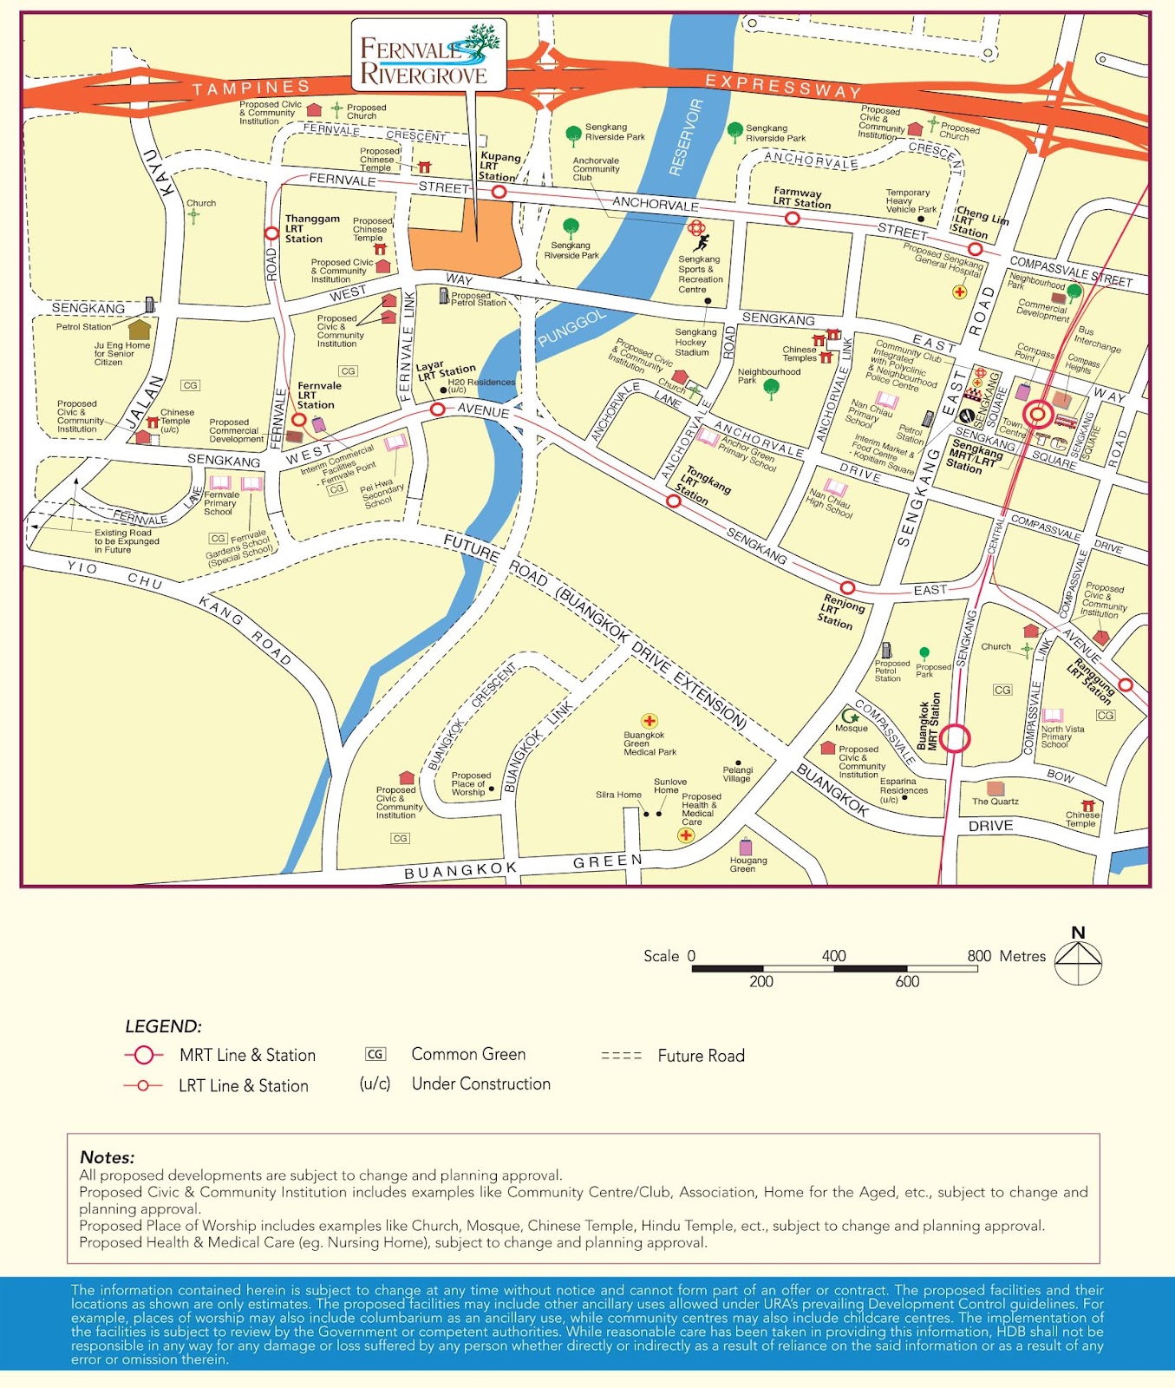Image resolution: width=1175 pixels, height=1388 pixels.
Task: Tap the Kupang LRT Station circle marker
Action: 499,192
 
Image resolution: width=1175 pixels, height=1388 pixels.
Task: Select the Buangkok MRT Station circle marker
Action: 955,738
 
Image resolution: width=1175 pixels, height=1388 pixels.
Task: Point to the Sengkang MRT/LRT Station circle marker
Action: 1038,414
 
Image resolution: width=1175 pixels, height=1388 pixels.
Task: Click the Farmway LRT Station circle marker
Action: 792,219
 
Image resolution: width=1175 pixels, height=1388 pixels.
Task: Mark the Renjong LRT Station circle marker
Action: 847,588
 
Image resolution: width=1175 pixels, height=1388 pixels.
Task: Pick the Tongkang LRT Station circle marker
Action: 674,501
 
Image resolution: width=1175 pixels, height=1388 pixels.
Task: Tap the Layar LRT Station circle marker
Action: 438,409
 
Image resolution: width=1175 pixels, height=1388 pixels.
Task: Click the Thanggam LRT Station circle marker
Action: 271,233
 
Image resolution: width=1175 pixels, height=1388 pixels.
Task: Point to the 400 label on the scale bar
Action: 833,955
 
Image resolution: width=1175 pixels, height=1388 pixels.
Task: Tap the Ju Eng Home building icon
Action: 139,330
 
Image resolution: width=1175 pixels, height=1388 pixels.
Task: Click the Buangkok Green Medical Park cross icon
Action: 649,721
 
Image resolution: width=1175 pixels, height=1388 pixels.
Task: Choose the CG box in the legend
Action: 375,1054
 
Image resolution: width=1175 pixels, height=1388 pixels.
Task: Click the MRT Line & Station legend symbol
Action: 143,1055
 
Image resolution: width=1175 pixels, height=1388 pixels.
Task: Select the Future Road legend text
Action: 701,1056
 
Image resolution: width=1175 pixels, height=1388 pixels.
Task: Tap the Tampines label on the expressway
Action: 251,88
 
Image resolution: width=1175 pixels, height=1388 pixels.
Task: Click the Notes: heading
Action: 108,1157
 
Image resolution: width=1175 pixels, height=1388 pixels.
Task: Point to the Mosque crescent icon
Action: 850,717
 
